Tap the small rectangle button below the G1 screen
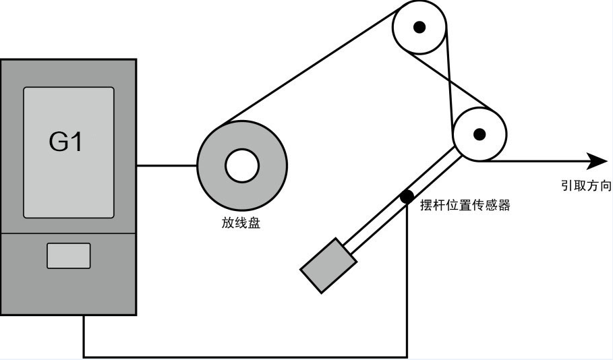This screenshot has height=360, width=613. (x=68, y=256)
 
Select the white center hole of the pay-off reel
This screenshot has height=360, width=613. (x=242, y=166)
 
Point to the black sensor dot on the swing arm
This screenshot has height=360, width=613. (x=407, y=197)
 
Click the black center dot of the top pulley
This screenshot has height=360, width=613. (x=419, y=27)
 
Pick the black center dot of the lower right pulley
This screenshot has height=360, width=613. (x=479, y=133)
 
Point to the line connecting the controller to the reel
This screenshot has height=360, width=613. (x=167, y=166)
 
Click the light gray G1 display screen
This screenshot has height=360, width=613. (x=68, y=152)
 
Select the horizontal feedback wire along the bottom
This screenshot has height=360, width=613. (x=243, y=356)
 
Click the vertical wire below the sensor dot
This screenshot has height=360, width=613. (x=407, y=283)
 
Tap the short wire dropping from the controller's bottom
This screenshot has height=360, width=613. (x=84, y=336)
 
